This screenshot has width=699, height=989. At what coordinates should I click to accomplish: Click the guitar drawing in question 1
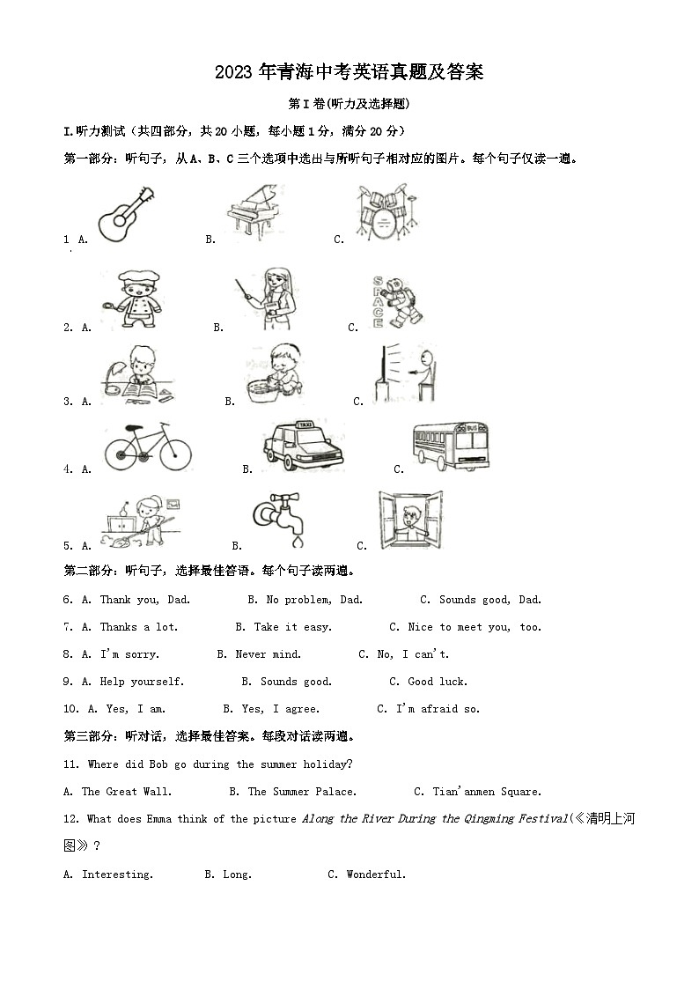[x=125, y=215]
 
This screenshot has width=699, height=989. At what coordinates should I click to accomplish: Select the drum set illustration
[x=385, y=212]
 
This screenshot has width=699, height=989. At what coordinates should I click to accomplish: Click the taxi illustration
[x=303, y=446]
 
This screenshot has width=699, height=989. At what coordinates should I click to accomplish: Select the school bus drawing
[x=452, y=446]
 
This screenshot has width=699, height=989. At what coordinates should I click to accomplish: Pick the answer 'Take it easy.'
[x=293, y=627]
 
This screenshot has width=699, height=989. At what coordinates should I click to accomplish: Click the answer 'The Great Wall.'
[x=127, y=792]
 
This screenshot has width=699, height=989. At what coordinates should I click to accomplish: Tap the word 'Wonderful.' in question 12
[x=376, y=875]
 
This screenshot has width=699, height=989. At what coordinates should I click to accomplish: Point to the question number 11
[x=71, y=764]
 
